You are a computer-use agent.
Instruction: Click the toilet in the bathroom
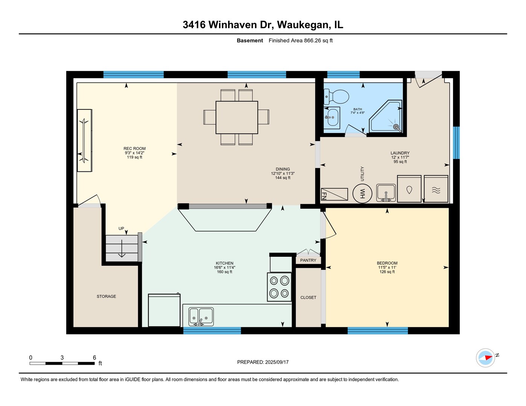tap(336, 97)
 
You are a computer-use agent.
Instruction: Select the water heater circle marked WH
tap(362, 194)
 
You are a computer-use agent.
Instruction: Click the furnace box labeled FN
tap(334, 194)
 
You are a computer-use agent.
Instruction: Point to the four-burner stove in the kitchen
tap(279, 287)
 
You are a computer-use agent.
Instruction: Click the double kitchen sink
tap(201, 317)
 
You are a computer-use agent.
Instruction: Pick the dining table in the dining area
tap(237, 117)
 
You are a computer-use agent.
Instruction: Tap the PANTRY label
tap(308, 260)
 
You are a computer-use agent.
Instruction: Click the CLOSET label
tap(308, 297)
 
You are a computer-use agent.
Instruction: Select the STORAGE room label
tap(106, 296)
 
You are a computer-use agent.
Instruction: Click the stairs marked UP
tap(122, 248)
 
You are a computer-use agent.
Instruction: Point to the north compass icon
tap(485, 358)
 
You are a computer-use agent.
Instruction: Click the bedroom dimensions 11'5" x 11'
tap(387, 267)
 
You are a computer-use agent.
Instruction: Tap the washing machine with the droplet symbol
tap(409, 189)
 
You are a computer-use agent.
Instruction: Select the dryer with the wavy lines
tap(436, 189)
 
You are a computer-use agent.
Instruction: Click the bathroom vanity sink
tap(332, 118)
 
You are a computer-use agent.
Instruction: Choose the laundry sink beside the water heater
tap(386, 193)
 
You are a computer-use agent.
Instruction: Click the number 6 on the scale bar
tap(94, 358)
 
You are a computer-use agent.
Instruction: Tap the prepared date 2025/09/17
tap(277, 362)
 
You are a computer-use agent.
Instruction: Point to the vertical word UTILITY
tap(362, 174)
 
